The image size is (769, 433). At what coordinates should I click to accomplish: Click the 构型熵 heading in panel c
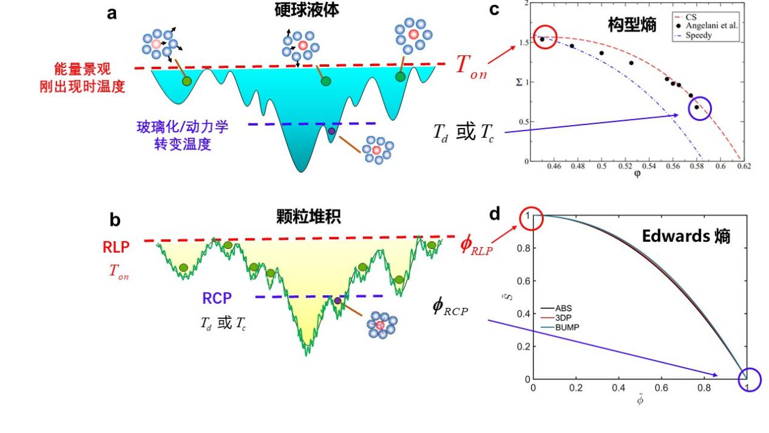click(x=632, y=25)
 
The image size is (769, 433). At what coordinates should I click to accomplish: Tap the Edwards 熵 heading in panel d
click(x=686, y=236)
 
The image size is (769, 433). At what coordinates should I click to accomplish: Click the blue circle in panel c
click(x=699, y=108)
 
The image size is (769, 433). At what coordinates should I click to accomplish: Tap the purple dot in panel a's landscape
click(x=331, y=131)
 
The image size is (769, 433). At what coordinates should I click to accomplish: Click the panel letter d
click(x=495, y=214)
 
